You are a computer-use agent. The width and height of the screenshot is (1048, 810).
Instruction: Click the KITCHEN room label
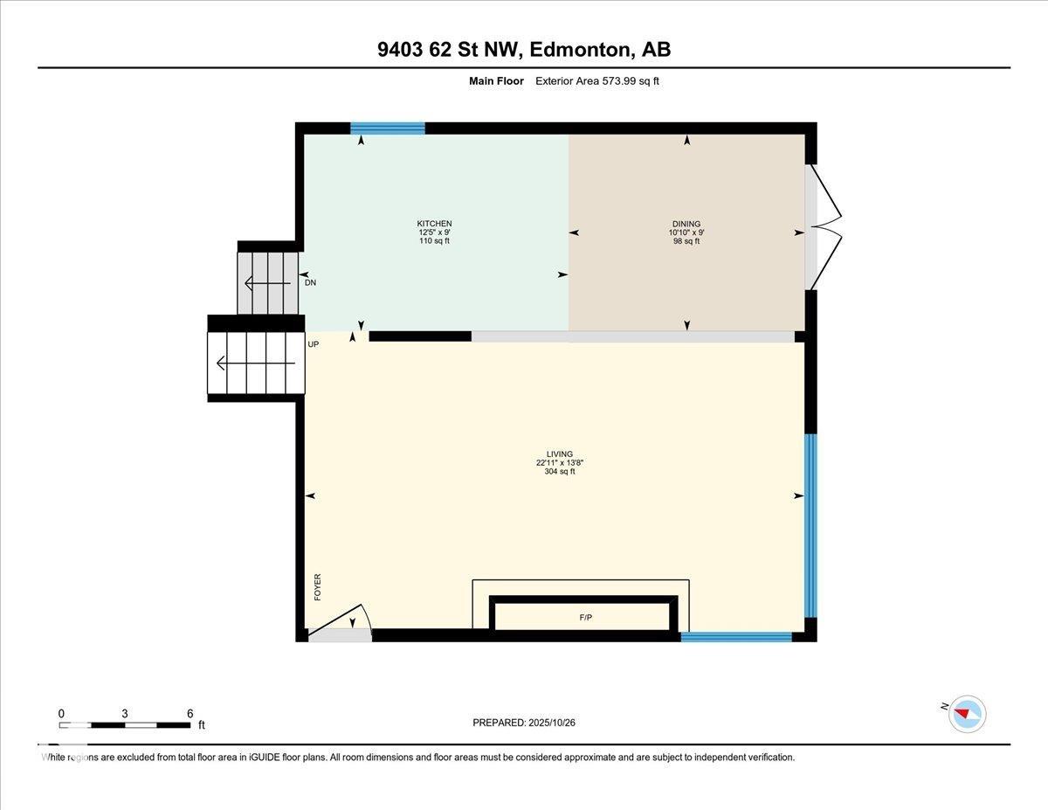coord(434,224)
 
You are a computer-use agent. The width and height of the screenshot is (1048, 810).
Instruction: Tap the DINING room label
coord(686,224)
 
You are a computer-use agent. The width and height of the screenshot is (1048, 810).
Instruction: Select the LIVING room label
coord(560,453)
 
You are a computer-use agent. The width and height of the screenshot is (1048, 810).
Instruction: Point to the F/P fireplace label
coord(585,618)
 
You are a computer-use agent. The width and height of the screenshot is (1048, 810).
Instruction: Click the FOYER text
coord(318,586)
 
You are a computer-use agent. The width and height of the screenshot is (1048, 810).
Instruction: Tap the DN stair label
coord(310,282)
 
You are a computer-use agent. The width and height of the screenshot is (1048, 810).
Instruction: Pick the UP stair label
coord(313,344)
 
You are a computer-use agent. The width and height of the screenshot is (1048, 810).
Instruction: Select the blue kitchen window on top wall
coord(388,128)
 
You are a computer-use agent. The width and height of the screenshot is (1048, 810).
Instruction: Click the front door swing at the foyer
coord(342,622)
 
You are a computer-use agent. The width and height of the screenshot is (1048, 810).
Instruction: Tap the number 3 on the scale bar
coord(125,713)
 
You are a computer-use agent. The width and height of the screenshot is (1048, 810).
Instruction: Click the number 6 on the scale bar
coord(190,713)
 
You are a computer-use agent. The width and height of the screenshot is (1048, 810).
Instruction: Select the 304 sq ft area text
coord(560,472)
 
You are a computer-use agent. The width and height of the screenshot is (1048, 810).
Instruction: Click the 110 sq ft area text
coord(434,241)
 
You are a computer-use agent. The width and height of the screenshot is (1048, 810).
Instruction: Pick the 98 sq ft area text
coord(686,241)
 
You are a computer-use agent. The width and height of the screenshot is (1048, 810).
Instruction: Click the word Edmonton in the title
coord(582,50)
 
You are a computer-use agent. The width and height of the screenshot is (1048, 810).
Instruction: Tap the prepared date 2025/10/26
coord(552,723)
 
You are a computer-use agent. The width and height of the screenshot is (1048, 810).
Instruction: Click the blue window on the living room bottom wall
coord(736,637)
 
